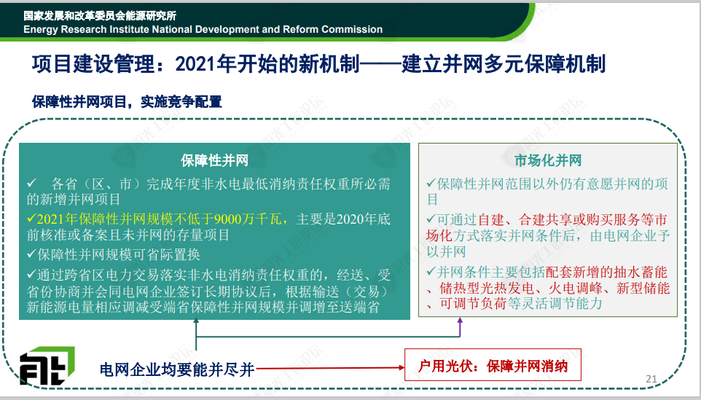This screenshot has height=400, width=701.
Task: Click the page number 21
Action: tap(651, 379)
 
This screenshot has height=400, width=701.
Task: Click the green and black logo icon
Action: tap(47, 366)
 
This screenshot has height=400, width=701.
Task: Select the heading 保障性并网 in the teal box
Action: tap(214, 160)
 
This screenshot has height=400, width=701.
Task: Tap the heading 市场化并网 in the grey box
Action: tap(548, 160)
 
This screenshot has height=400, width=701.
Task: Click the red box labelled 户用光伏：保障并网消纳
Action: tap(493, 365)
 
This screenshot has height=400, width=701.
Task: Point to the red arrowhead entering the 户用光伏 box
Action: tap(402, 367)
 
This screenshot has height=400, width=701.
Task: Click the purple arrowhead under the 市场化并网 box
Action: tap(460, 321)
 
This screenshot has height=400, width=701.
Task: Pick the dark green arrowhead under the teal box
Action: tap(196, 321)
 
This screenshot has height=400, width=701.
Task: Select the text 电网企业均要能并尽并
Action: tap(177, 369)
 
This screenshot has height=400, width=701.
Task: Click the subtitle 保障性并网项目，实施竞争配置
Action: tap(127, 101)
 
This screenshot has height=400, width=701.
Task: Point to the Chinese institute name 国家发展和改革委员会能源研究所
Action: tap(100, 15)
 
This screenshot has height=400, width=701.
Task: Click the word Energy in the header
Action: tap(41, 30)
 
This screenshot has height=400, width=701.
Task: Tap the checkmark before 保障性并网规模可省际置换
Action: tap(31, 254)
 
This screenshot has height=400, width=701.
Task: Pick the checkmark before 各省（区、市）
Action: tap(31, 183)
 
